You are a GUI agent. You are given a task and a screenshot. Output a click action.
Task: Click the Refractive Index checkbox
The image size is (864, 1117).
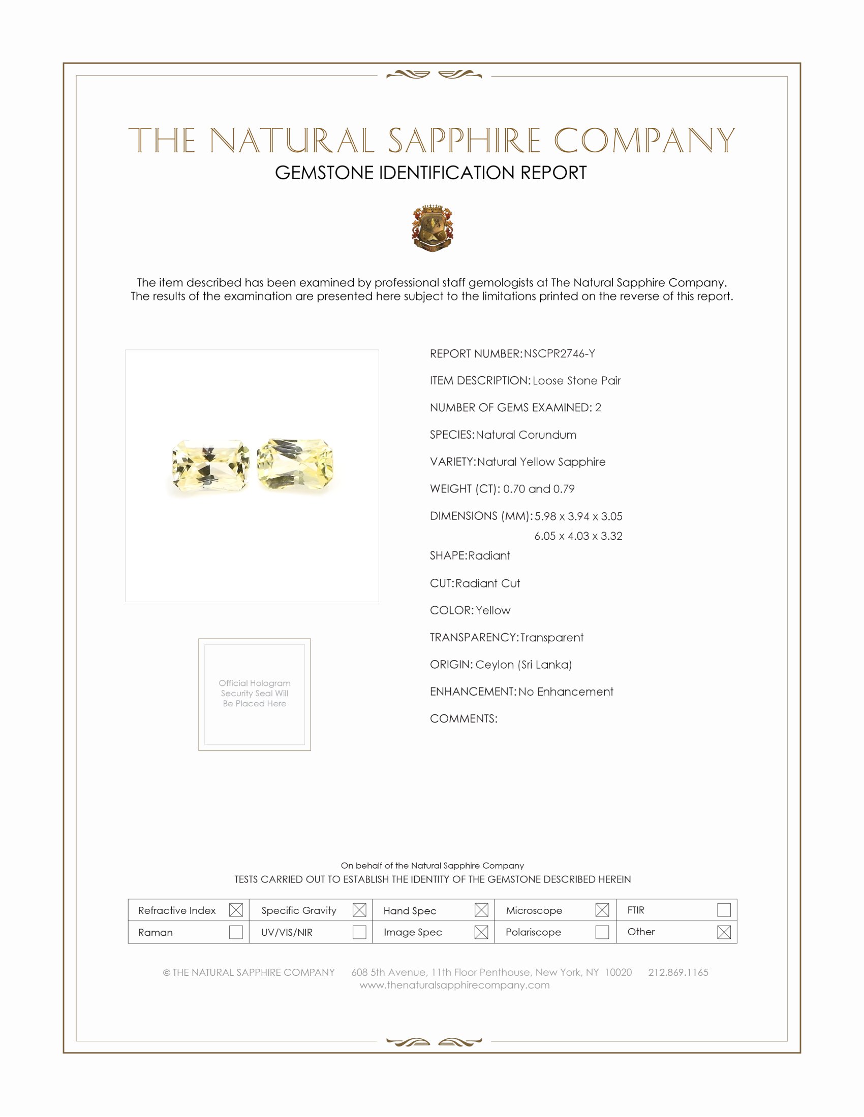pyautogui.click(x=236, y=910)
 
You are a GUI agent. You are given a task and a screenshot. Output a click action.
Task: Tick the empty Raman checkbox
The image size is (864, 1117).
pyautogui.click(x=236, y=932)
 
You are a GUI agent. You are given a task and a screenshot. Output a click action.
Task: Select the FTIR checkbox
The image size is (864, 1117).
pyautogui.click(x=724, y=910)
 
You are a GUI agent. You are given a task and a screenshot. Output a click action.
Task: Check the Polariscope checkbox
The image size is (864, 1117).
pyautogui.click(x=602, y=932)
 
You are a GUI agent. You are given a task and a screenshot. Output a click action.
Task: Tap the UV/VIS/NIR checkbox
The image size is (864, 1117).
pyautogui.click(x=359, y=932)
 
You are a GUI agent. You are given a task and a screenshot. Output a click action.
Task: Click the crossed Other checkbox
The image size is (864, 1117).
pyautogui.click(x=724, y=932)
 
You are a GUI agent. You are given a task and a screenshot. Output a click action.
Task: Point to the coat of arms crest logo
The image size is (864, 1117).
pyautogui.click(x=433, y=228)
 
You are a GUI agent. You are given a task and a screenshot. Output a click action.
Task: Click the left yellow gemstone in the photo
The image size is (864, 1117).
pyautogui.click(x=211, y=467)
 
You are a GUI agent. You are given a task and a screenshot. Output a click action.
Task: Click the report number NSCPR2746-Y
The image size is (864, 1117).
pyautogui.click(x=559, y=354)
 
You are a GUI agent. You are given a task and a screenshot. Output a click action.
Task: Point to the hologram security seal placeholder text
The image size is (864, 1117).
pyautogui.click(x=255, y=693)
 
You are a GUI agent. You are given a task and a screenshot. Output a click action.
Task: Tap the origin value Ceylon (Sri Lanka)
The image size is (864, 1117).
pyautogui.click(x=523, y=665)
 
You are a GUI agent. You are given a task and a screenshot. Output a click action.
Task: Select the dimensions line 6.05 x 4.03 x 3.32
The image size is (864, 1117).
pyautogui.click(x=578, y=536)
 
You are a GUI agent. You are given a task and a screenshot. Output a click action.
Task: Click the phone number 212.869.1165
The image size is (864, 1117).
pyautogui.click(x=678, y=972)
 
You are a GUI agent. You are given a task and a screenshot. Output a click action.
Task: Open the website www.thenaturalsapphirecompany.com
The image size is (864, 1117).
pyautogui.click(x=454, y=985)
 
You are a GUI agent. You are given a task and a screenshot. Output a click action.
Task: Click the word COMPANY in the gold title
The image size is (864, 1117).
pyautogui.click(x=644, y=140)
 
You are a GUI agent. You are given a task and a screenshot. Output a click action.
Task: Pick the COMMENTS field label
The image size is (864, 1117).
pyautogui.click(x=463, y=718)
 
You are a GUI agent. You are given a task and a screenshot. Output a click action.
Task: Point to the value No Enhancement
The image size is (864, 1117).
pyautogui.click(x=566, y=692)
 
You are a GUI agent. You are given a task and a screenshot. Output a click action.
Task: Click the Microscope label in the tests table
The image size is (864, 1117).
pyautogui.click(x=534, y=910)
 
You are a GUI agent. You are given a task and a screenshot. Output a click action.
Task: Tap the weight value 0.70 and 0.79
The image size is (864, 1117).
pyautogui.click(x=538, y=489)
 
